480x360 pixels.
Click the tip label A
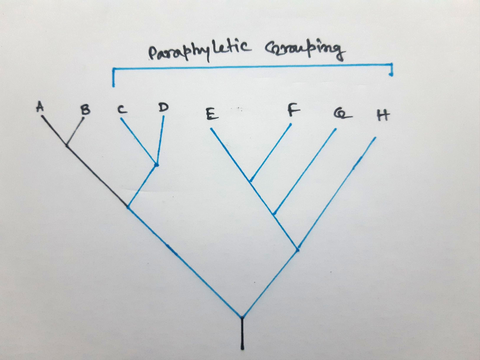(40, 107)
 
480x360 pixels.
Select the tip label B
(85, 110)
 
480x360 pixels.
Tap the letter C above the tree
(121, 110)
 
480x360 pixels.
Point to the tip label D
(163, 107)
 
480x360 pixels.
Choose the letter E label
(211, 114)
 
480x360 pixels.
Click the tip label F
(293, 111)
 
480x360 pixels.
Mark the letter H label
(382, 115)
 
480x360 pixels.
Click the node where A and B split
(67, 145)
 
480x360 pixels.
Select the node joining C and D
(156, 165)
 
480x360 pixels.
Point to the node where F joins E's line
(250, 181)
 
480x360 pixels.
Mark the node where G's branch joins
(274, 213)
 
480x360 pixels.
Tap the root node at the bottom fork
(242, 317)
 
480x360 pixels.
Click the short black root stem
(242, 334)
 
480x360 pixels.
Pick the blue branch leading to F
(271, 152)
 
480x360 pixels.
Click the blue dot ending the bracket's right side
(391, 74)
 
